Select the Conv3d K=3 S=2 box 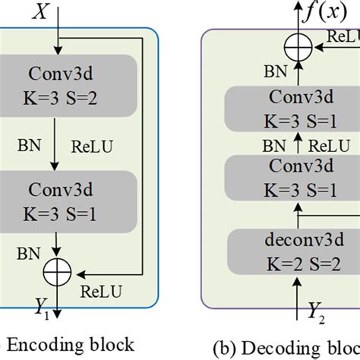click(68, 86)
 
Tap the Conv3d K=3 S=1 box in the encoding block click(68, 201)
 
